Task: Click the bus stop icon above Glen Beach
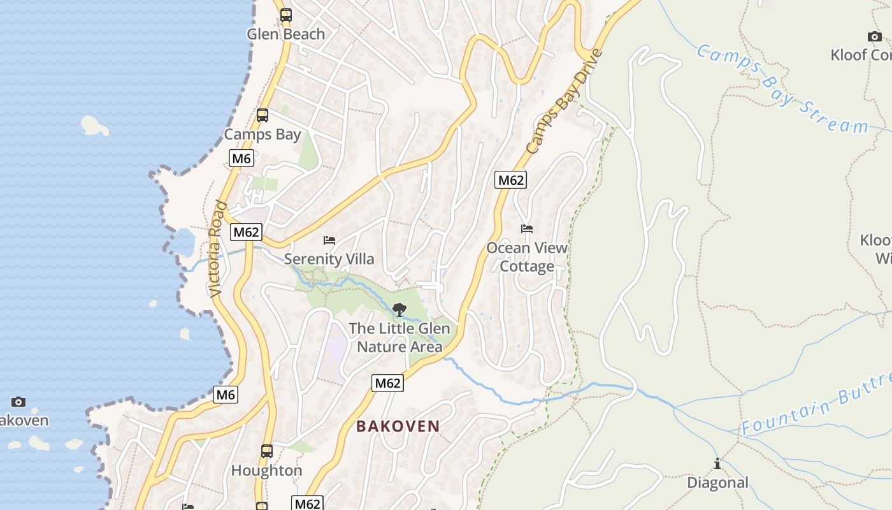[x=286, y=15]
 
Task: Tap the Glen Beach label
[x=286, y=34]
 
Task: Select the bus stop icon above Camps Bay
[x=262, y=115]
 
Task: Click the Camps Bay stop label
[x=262, y=135]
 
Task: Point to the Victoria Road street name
[x=217, y=249]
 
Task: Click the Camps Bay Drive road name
[x=564, y=102]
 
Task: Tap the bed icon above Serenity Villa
[x=329, y=240]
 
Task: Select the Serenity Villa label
[x=329, y=259]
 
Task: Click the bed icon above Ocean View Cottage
[x=527, y=229]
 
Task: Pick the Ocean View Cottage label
[x=527, y=257]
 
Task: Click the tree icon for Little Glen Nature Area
[x=399, y=310]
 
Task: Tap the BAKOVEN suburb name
[x=398, y=426]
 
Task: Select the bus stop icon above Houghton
[x=267, y=451]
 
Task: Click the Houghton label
[x=266, y=471]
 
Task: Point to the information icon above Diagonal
[x=717, y=463]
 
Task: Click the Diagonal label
[x=717, y=483]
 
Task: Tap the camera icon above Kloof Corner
[x=875, y=36]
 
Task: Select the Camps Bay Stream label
[x=782, y=89]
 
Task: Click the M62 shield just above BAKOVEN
[x=387, y=383]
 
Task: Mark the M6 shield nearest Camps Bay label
[x=241, y=158]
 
